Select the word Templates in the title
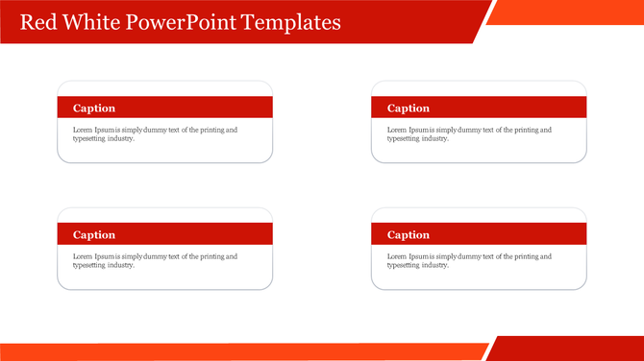pos(291,22)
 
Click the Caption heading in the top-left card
pos(94,108)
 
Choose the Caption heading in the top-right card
pos(409,108)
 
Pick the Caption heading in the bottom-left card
pos(94,235)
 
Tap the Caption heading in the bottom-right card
pos(409,235)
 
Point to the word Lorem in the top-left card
pos(84,130)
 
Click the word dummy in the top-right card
pos(465,130)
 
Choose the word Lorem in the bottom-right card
pos(398,256)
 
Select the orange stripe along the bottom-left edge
pos(240,351)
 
